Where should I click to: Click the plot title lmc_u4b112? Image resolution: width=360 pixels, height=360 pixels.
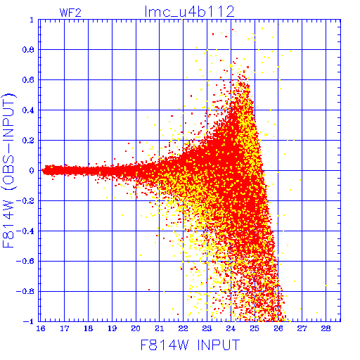[x=189, y=12]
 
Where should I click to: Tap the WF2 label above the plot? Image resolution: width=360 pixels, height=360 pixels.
[x=70, y=13]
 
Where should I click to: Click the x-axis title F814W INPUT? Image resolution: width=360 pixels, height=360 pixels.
[x=190, y=345]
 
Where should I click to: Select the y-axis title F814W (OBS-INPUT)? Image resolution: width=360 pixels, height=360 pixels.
[x=9, y=170]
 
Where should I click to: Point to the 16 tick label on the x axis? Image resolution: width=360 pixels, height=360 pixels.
[x=41, y=328]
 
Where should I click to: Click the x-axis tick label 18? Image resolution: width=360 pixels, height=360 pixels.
[x=88, y=328]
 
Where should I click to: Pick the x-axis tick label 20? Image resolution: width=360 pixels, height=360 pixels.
[x=136, y=328]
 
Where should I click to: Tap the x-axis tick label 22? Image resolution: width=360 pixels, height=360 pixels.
[x=183, y=328]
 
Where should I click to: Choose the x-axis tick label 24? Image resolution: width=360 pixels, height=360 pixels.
[x=231, y=328]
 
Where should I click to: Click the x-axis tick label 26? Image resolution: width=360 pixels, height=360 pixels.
[x=278, y=328]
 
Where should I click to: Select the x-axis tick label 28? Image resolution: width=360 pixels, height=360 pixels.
[x=326, y=328]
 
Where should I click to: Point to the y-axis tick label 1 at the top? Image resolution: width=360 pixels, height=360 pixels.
[x=32, y=20]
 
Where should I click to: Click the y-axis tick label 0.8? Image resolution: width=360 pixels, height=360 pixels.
[x=28, y=50]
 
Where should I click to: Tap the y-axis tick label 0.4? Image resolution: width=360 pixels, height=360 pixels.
[x=28, y=110]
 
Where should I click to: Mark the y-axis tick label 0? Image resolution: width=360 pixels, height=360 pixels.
[x=32, y=171]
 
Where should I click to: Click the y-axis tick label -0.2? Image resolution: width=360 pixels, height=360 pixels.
[x=25, y=201]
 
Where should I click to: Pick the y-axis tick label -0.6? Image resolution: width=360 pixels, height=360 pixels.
[x=25, y=262]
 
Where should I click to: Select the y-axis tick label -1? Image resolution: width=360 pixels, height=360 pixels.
[x=29, y=321]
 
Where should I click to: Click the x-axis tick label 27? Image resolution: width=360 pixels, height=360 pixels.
[x=302, y=328]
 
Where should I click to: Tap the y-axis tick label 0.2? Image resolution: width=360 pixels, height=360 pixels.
[x=28, y=141]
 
